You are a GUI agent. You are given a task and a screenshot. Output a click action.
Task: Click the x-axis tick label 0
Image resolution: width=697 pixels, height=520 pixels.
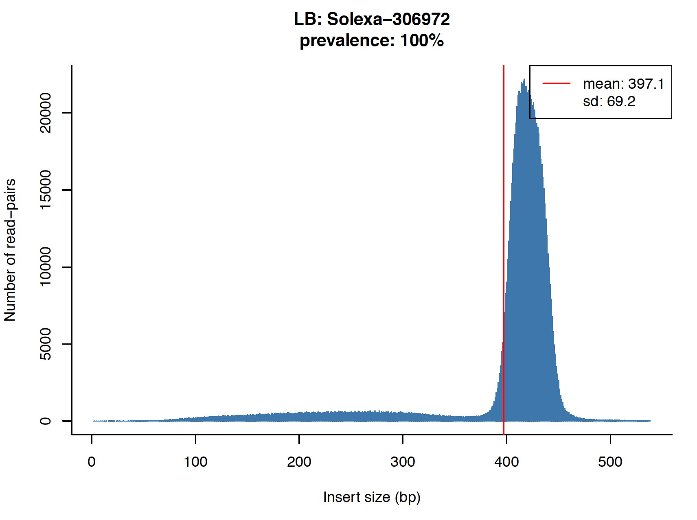coord(92,462)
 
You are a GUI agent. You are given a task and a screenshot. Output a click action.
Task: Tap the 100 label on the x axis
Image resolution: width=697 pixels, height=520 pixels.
coord(195,462)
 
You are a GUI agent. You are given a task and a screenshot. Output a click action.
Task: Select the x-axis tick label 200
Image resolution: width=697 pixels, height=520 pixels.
coord(299,462)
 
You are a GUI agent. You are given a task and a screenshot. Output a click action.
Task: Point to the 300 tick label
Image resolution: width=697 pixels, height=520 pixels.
coord(403,462)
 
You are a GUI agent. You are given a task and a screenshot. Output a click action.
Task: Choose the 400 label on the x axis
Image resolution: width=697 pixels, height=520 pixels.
coord(506,462)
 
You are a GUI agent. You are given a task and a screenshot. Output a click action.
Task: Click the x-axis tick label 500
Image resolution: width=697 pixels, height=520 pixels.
coord(610,462)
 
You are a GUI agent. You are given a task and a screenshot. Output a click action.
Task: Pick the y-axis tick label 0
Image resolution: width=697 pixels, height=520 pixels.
coord(45,421)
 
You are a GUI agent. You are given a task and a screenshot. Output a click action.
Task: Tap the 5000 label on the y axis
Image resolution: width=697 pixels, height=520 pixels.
coord(45,344)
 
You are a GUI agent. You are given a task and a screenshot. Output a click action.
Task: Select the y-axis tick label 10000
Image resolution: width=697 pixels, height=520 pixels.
coord(45,267)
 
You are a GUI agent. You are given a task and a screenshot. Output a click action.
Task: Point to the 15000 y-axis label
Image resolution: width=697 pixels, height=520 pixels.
coord(45,190)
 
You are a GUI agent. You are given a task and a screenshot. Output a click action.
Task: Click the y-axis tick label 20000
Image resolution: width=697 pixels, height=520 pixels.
coord(45,113)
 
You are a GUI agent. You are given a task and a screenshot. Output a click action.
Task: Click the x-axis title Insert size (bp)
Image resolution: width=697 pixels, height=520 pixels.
coord(372,497)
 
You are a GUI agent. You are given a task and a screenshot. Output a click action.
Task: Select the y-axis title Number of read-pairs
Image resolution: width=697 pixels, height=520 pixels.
coord(10,250)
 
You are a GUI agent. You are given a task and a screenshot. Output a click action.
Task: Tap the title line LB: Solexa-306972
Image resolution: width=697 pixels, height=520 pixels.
coord(372,19)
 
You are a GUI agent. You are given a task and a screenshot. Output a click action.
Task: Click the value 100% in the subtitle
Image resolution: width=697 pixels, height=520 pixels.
coord(422,41)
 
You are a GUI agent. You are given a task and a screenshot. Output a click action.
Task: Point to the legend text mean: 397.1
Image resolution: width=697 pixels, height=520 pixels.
coord(623,84)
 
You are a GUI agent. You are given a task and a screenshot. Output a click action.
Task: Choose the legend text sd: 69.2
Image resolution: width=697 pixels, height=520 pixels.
coord(609,101)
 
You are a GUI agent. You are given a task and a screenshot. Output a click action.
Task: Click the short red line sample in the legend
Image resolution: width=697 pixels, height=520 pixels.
coord(556,84)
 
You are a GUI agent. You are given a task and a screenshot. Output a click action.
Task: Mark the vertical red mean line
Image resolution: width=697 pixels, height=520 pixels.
coord(504,244)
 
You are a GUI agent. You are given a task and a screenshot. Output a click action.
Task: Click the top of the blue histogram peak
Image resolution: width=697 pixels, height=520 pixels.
coord(524,80)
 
